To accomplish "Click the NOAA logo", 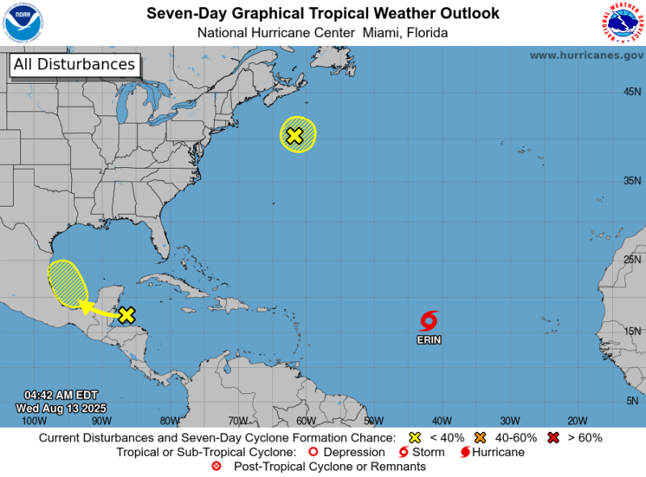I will (23, 23).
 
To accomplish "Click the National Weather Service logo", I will (623, 23).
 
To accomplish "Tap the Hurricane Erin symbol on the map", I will (429, 321).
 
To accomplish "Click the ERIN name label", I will (429, 340).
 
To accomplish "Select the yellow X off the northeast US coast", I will (295, 136).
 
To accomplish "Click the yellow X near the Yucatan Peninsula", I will (126, 315).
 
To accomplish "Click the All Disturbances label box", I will (74, 65).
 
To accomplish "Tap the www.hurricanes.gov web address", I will (586, 55).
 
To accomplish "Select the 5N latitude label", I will (634, 401).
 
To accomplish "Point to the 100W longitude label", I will (33, 421).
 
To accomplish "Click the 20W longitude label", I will (577, 421).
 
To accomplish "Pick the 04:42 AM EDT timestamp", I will (61, 395).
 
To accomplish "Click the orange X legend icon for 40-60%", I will (480, 437).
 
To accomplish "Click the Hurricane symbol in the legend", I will (465, 452).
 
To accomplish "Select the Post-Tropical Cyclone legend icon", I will (216, 467).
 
